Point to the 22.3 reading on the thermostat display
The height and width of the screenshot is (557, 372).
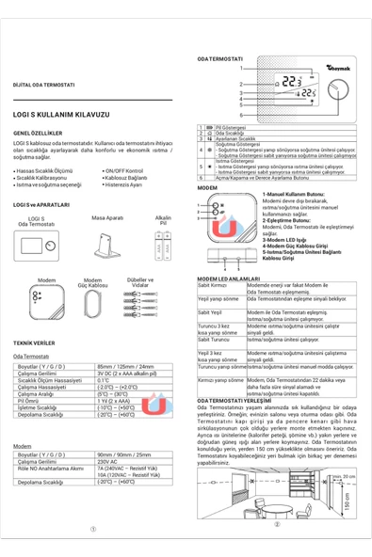coord(294,82)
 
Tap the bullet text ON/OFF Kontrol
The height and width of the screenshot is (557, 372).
coord(124,171)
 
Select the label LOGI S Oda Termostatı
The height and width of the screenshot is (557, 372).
coord(36,221)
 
